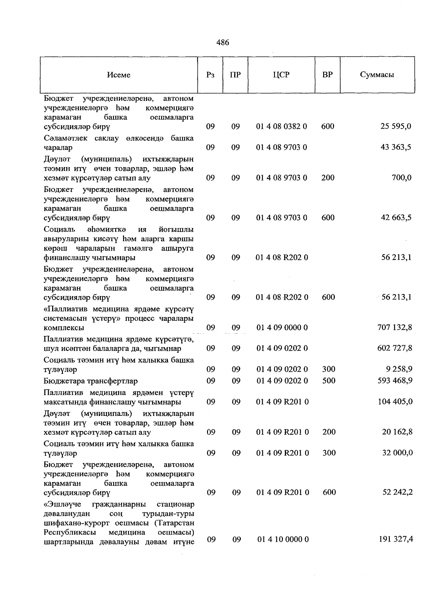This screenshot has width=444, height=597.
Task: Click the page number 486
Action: (222, 43)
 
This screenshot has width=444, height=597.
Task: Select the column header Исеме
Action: (119, 75)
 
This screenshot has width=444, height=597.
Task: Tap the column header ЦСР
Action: (281, 75)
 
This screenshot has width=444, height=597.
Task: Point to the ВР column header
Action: (327, 75)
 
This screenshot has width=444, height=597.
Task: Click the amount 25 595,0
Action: (396, 126)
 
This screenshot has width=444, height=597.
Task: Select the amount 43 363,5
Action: (396, 147)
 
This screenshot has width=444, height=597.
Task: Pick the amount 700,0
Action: (401, 178)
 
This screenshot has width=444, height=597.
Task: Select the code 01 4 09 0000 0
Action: (282, 328)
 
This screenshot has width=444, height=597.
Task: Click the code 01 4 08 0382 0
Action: (282, 126)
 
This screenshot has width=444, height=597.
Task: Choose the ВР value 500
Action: (329, 381)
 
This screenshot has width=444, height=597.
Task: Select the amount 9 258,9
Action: (398, 369)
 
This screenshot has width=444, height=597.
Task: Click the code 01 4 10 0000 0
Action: (283, 540)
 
